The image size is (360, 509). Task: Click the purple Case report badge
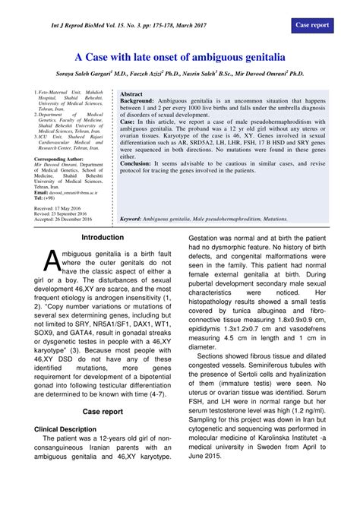click(x=311, y=25)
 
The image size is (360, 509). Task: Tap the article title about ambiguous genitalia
click(x=179, y=57)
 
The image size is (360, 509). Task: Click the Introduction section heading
click(x=103, y=238)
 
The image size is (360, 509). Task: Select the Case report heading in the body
click(x=103, y=411)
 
